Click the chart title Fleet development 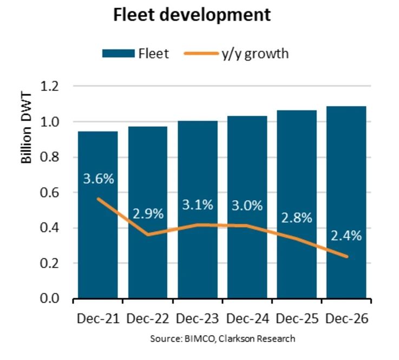click(x=192, y=15)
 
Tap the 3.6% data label click(x=98, y=179)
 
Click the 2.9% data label click(x=148, y=213)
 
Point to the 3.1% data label click(x=198, y=205)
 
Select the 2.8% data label click(x=297, y=218)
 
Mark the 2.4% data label click(x=346, y=235)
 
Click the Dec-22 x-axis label click(x=148, y=319)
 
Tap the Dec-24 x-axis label click(x=247, y=319)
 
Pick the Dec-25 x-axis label click(x=297, y=319)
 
